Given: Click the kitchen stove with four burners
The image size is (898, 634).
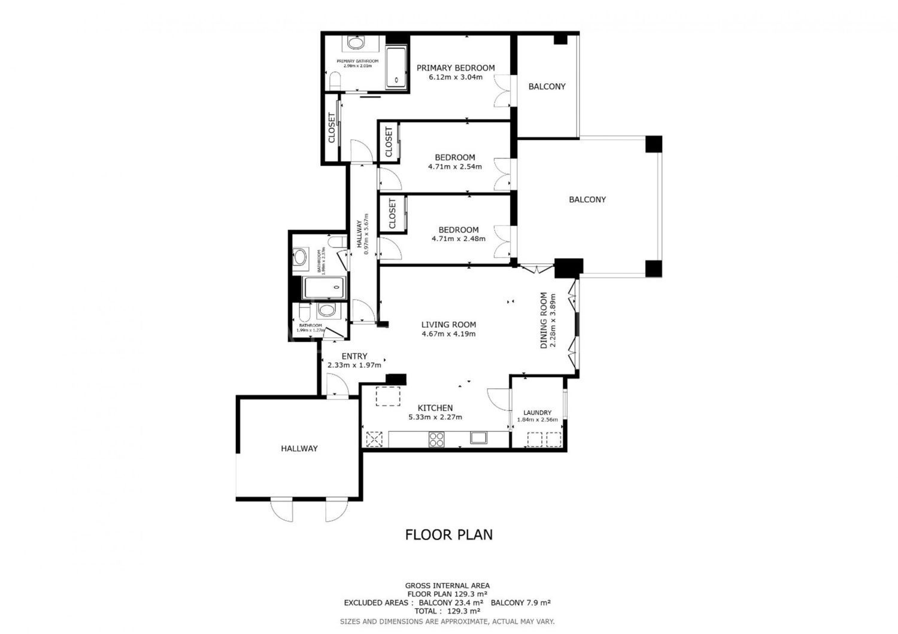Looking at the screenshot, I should click(x=437, y=439).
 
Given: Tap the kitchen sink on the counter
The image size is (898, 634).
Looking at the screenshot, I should click(x=479, y=438).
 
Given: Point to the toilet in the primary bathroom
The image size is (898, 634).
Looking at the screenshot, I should click(x=335, y=80).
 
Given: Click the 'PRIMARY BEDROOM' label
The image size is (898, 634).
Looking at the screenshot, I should click(x=456, y=68).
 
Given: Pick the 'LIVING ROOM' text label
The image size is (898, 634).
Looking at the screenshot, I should click(x=448, y=325).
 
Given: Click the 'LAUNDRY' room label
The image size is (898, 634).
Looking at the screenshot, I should click(x=537, y=413).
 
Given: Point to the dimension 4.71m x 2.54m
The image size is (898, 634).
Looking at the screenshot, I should click(x=455, y=167).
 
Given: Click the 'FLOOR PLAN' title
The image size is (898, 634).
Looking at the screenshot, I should click(x=449, y=534).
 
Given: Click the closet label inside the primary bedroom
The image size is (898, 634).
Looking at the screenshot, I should click(x=332, y=128).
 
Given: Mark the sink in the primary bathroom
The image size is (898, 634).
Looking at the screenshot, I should click(x=356, y=44).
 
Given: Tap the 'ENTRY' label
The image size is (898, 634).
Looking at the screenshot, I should click(x=354, y=356).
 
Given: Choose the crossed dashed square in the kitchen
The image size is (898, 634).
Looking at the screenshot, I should click(x=374, y=439).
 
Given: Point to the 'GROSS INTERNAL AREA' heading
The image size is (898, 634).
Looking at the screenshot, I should click(x=448, y=586).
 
